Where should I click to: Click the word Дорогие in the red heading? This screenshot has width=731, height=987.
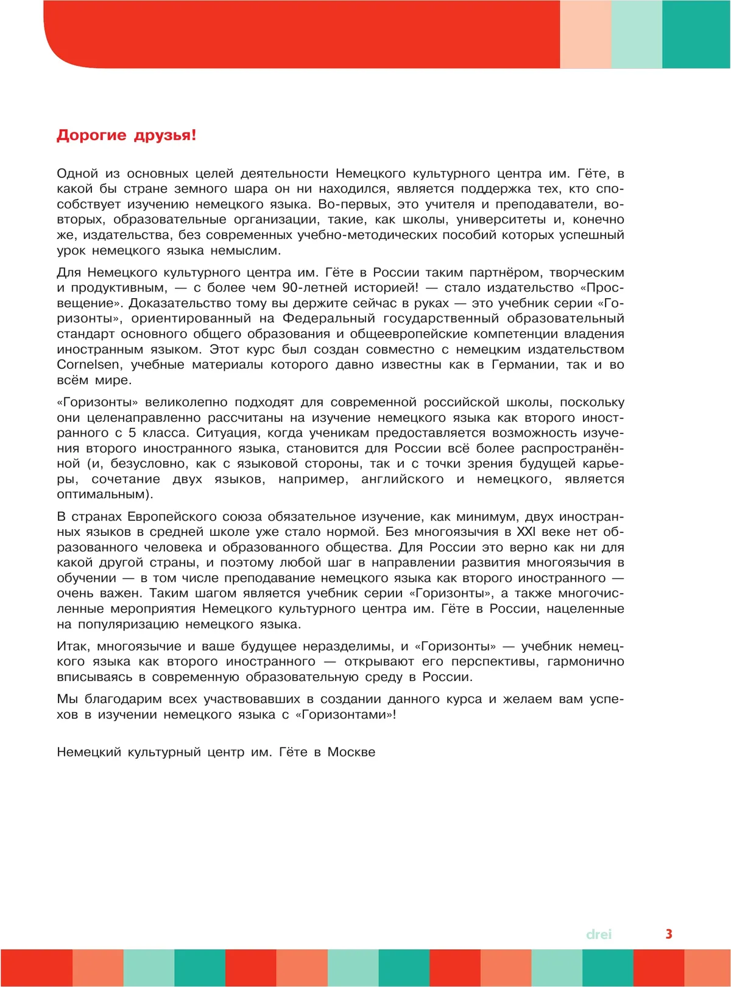[91, 135]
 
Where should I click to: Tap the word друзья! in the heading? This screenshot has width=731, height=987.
[165, 135]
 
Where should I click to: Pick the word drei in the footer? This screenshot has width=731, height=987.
[598, 934]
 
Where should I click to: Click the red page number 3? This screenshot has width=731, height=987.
[669, 933]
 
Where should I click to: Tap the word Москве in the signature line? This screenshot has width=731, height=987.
[351, 752]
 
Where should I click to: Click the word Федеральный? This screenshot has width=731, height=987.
[328, 318]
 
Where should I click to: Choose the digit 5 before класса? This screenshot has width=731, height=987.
[132, 433]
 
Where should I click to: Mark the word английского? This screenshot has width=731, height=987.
[402, 479]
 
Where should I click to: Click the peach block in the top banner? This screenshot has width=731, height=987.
[585, 34]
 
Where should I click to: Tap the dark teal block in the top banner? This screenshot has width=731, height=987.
[696, 34]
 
